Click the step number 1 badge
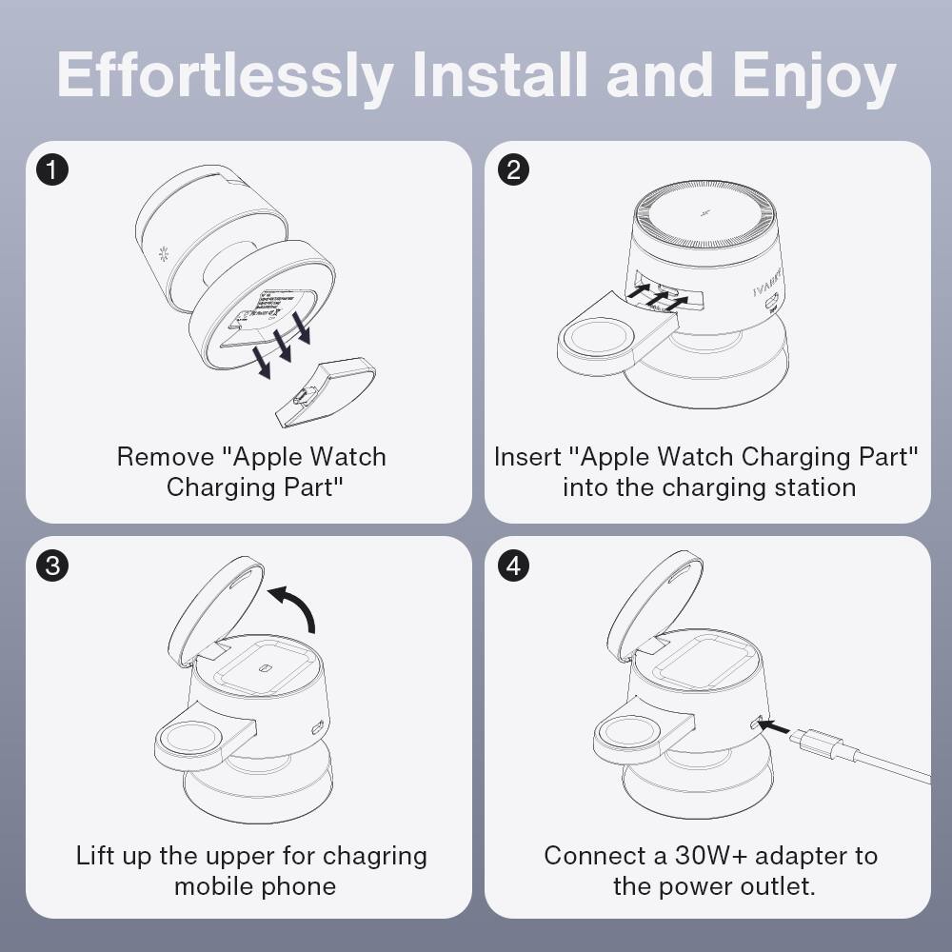52,170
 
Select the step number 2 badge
514,170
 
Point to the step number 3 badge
52,565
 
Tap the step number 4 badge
514,565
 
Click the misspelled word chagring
375,855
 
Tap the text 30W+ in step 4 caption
694,855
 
